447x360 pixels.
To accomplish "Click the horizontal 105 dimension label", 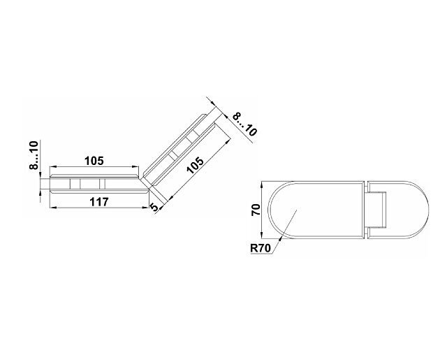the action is click(x=94, y=161).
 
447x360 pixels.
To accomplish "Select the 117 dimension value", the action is click(x=99, y=202).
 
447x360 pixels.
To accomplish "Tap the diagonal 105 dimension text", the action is click(x=196, y=164).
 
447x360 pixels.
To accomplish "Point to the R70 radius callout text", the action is click(x=261, y=248).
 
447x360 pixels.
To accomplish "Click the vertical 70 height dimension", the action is click(x=256, y=210).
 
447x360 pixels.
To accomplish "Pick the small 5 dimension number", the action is click(x=154, y=207).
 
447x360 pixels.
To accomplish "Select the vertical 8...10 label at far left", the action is click(x=34, y=155).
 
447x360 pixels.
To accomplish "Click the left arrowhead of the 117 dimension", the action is click(x=53, y=208).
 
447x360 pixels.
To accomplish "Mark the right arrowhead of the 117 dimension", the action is click(x=146, y=208).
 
